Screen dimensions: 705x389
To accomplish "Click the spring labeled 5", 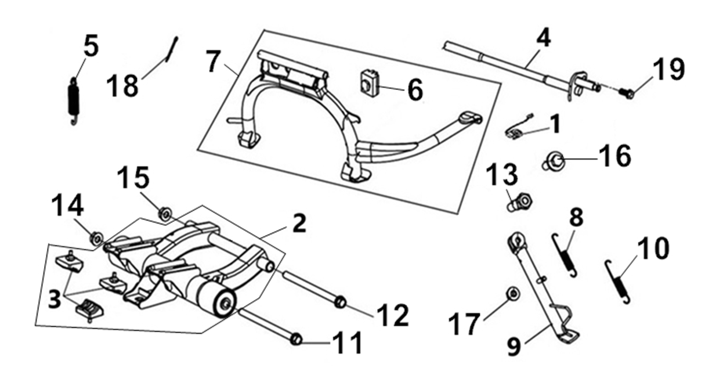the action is point(74,101).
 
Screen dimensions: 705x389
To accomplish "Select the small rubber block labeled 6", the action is point(370,83).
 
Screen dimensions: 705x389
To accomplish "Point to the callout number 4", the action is point(543,38).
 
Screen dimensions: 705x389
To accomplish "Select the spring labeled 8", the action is point(565,255).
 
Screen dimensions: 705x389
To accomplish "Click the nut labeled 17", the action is point(513,294).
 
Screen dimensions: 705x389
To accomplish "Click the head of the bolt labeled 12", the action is point(340,302).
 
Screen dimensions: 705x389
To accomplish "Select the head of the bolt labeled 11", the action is point(296,340).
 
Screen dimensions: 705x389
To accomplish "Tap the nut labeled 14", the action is point(96,239).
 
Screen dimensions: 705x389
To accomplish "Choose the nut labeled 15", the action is point(165,214).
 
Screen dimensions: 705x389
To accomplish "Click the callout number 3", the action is point(55,298).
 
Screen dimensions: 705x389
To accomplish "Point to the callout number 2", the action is point(299,223).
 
